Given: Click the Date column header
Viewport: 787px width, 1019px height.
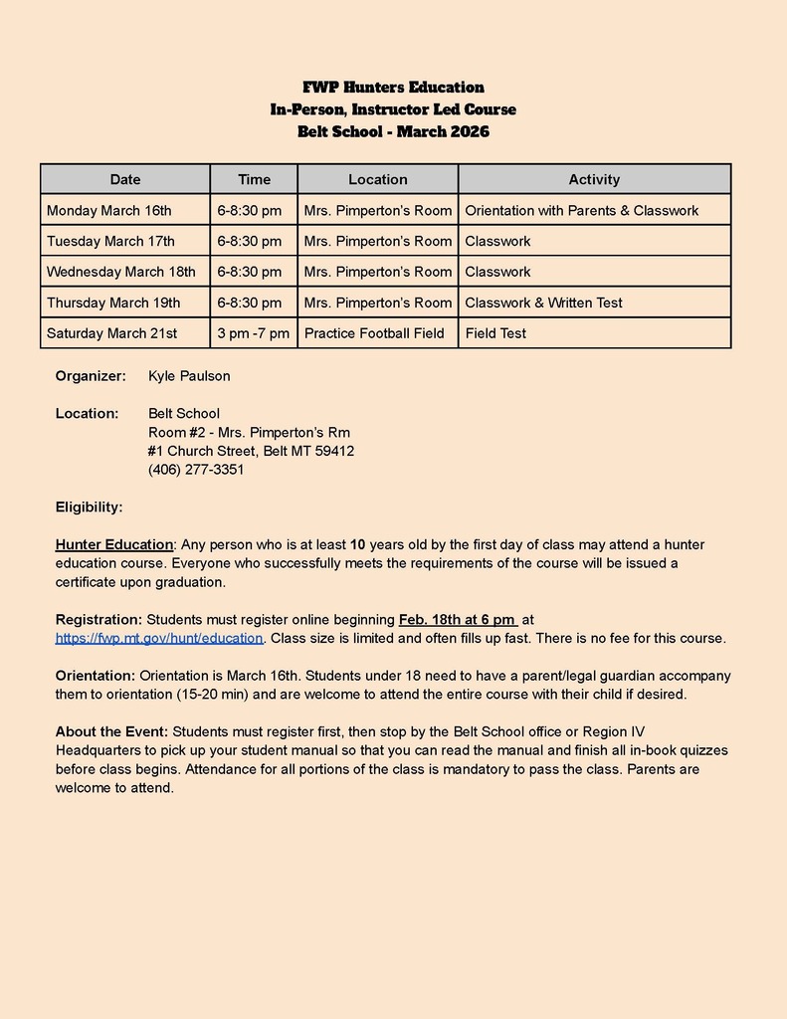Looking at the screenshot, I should click(125, 179).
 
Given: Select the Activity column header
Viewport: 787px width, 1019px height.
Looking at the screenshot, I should click(594, 179).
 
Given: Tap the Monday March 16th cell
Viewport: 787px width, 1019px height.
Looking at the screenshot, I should click(109, 210).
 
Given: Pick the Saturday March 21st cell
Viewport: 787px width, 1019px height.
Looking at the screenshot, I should click(112, 332).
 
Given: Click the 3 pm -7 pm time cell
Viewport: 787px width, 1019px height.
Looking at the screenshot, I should click(254, 332).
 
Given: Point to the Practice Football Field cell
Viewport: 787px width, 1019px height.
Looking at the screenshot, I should click(374, 332).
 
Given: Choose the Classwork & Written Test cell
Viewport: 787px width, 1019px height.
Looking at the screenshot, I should click(543, 303).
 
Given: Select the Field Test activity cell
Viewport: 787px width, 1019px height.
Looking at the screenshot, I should click(495, 332).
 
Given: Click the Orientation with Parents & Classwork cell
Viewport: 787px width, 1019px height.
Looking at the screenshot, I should click(581, 210).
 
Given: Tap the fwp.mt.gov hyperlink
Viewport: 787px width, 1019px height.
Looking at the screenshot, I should click(159, 638).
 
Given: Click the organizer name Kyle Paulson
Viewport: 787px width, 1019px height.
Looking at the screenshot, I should click(189, 375).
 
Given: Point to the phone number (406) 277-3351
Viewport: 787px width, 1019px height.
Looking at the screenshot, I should click(196, 470).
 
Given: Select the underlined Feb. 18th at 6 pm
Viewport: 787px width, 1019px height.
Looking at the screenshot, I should click(458, 619).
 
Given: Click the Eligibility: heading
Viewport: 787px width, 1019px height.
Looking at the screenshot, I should click(90, 508).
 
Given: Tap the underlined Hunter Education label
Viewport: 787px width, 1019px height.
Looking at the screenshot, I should click(114, 544).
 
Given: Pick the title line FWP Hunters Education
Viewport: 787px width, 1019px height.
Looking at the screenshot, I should click(393, 88).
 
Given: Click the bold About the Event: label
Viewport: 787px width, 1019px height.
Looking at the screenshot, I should click(111, 731).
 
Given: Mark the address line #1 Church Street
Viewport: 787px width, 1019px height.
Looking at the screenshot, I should click(251, 451).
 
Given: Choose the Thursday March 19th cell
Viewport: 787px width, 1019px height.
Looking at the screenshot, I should click(113, 303).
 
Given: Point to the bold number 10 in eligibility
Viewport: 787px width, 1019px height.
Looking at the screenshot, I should click(358, 544).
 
